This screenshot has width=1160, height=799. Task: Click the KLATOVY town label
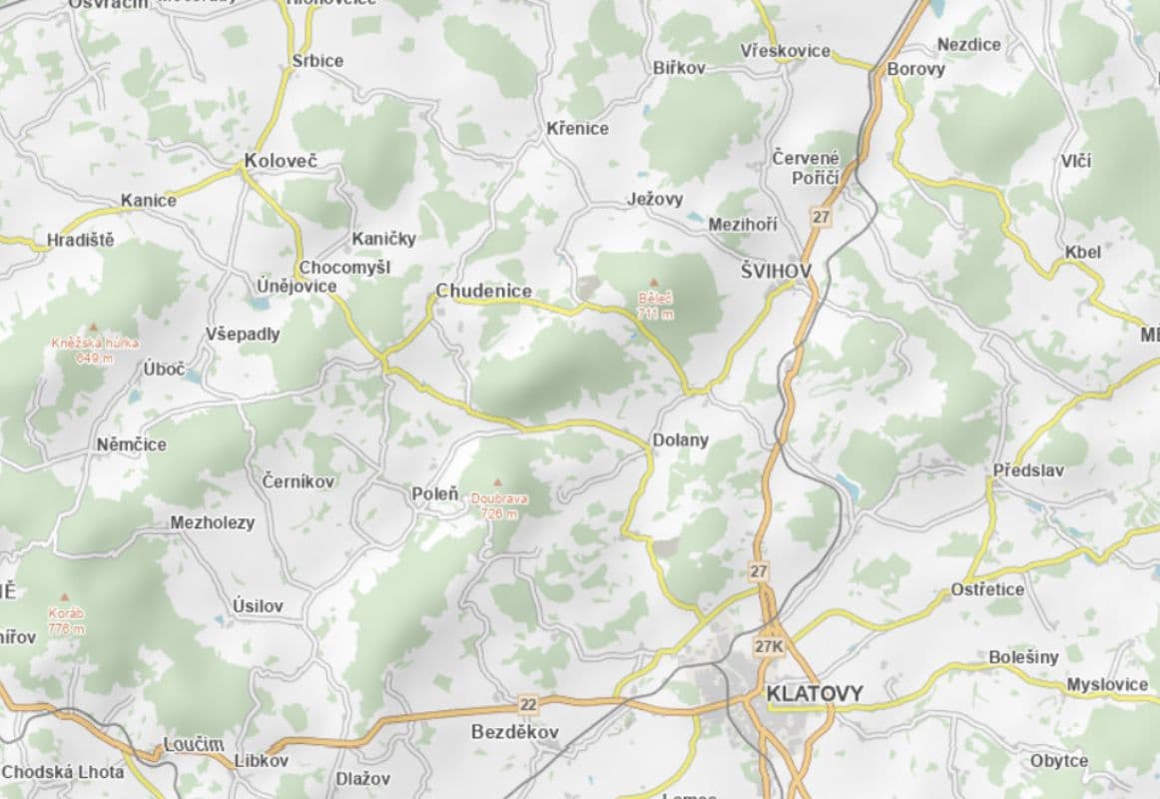point(815,693)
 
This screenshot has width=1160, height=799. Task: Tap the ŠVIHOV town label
point(776,271)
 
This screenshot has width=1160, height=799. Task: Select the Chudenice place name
point(483,292)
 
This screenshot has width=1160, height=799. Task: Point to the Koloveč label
point(281,161)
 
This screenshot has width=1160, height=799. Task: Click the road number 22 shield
point(528,705)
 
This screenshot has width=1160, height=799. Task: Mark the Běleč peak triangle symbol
point(655,283)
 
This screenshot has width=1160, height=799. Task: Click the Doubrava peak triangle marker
point(497,482)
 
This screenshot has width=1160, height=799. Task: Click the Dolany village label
point(680,439)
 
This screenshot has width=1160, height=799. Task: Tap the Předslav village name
point(1028,469)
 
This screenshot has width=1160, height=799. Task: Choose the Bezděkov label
point(515,732)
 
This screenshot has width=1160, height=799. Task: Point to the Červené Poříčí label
point(807,168)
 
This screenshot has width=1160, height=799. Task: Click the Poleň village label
point(435,493)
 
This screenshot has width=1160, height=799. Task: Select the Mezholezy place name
point(212,522)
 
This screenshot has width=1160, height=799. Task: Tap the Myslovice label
point(1107,684)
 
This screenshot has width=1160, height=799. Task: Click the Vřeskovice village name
point(785,51)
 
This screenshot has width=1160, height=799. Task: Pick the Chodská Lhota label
point(63,772)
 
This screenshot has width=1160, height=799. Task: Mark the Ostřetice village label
point(986,589)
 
